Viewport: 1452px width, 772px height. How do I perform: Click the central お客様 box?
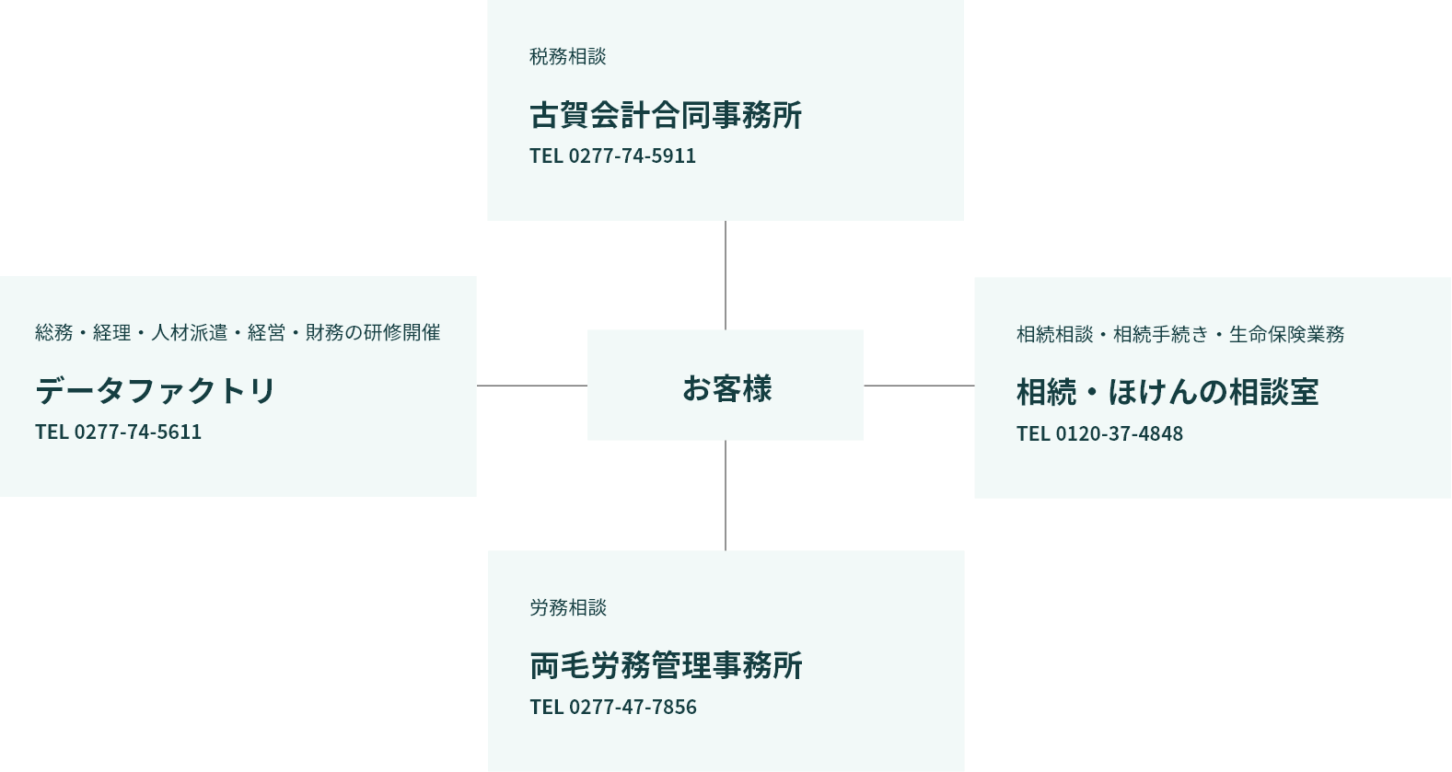tap(726, 386)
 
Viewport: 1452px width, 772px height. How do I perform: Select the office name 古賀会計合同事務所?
tap(666, 115)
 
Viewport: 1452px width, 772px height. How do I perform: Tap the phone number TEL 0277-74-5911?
tap(612, 156)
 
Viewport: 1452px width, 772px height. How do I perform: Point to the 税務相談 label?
tap(567, 57)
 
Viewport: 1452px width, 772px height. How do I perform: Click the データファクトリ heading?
tap(156, 391)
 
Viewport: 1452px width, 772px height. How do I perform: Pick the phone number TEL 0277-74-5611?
tap(118, 432)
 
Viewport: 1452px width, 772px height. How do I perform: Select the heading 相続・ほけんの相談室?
tap(1167, 393)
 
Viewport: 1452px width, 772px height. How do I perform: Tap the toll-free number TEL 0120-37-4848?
tap(1099, 434)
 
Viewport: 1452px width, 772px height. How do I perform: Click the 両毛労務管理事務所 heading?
tap(666, 666)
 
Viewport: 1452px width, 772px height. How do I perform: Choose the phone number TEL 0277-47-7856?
tap(613, 708)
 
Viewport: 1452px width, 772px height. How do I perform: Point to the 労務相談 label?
tap(568, 608)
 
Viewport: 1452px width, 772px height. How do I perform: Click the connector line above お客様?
tap(726, 275)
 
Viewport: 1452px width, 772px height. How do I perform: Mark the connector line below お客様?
tap(726, 495)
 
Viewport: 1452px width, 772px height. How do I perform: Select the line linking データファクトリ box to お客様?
tap(532, 386)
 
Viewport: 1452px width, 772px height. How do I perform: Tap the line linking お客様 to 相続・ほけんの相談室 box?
tap(919, 386)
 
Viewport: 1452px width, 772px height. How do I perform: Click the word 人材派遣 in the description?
tap(189, 333)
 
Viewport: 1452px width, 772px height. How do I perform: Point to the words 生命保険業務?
tap(1286, 335)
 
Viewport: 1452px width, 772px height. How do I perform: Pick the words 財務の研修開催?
tap(373, 333)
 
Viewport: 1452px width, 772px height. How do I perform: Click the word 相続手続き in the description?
tap(1160, 335)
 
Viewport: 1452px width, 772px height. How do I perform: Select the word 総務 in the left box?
tap(53, 333)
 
